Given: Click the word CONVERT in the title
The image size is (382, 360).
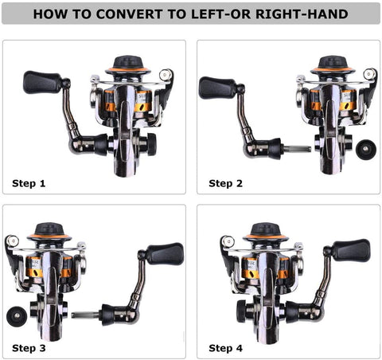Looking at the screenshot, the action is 129,14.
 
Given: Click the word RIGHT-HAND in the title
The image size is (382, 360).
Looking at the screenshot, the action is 302,14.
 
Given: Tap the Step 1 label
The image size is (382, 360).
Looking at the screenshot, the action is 29,183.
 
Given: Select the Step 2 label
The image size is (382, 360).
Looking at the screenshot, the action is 225,183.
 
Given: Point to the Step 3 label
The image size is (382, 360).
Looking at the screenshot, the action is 29,348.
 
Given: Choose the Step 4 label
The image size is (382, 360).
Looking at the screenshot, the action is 225,348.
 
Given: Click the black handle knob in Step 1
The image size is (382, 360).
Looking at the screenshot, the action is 43,82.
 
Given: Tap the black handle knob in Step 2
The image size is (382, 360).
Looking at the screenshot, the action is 217,88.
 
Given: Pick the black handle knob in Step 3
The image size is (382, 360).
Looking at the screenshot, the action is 165,254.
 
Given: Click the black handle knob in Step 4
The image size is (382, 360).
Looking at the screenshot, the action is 351,250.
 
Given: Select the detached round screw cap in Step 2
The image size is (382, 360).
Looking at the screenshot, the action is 366,150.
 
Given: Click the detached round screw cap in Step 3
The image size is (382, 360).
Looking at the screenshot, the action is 17,316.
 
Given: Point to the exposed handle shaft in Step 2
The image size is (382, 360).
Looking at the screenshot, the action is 296,149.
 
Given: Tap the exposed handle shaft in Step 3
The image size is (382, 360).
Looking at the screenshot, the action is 86,315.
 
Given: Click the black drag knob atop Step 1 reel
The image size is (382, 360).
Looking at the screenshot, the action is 128,64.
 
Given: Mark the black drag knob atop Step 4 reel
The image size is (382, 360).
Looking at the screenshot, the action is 265,230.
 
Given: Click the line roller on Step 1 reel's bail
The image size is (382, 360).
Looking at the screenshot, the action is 166,75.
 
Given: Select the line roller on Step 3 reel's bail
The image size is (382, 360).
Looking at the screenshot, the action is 12,241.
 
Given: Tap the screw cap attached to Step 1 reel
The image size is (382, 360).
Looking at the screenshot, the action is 151,143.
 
